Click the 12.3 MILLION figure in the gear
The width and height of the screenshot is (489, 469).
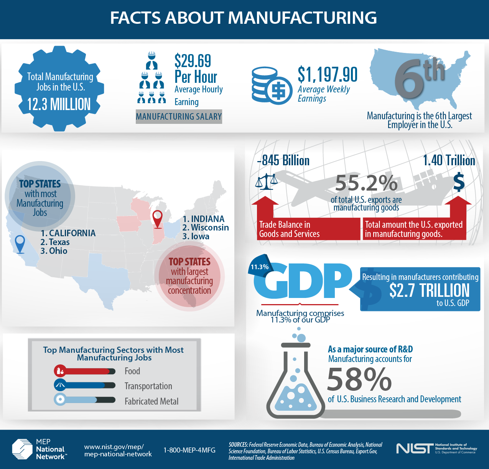59,104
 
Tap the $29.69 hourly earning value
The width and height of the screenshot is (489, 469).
193,61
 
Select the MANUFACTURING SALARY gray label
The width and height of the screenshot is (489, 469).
179,117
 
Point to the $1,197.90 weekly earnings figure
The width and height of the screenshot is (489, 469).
328,74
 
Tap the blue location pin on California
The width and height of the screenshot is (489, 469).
20,244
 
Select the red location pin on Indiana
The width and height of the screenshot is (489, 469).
157,219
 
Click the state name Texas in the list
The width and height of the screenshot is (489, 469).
59,242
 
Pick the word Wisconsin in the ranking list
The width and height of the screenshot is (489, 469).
210,227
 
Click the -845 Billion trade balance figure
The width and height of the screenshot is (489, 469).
283,160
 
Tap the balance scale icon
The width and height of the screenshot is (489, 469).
266,181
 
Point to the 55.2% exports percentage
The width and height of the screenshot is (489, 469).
366,183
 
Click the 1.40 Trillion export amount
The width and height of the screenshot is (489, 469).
449,160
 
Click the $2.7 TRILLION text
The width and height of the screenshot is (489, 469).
429,290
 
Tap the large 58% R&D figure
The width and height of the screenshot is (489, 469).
359,379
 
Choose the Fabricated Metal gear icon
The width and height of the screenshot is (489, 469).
60,400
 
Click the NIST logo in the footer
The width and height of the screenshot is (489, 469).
414,448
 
